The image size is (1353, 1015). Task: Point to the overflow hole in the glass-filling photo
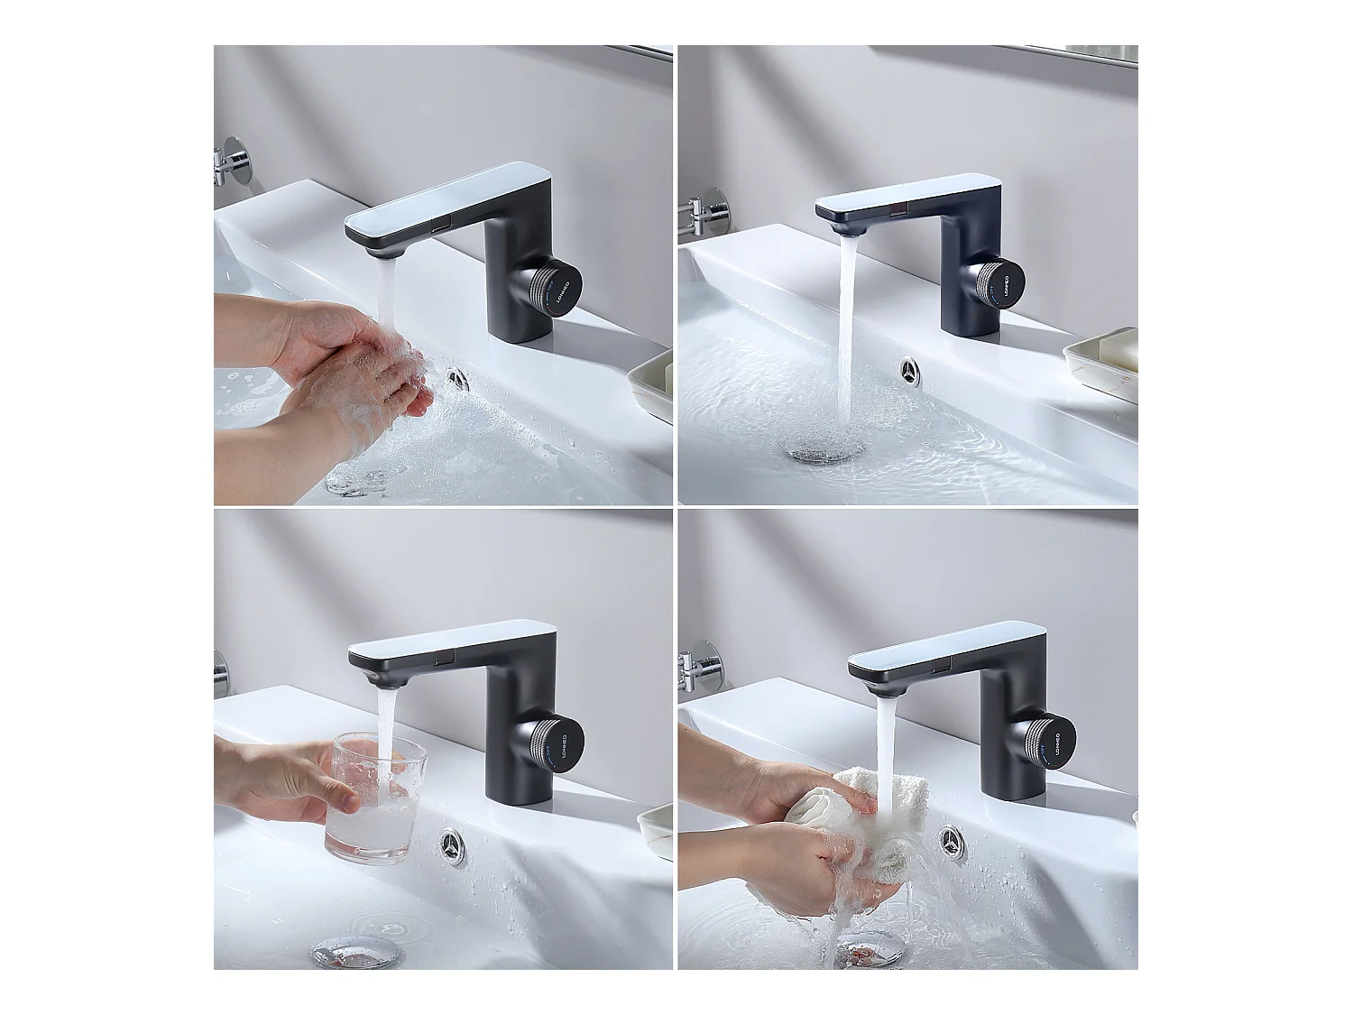pyautogui.click(x=453, y=846)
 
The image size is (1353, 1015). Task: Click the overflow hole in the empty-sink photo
pyautogui.click(x=908, y=370)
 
